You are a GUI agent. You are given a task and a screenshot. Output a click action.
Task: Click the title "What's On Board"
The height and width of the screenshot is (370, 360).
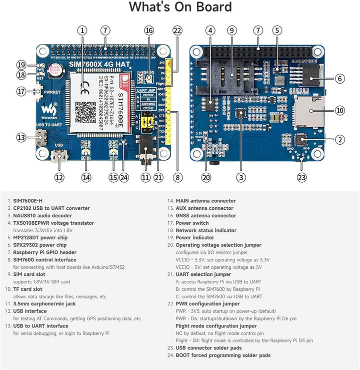tap(180, 8)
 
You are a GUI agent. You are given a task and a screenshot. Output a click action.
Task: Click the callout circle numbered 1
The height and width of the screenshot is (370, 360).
tap(82, 31)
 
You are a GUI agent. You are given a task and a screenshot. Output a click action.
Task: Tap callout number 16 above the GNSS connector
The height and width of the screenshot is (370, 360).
tap(148, 31)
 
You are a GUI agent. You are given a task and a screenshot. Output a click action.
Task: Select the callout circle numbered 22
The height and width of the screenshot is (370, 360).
tap(176, 31)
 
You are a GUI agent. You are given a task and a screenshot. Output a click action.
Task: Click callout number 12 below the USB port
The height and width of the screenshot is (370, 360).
tap(60, 177)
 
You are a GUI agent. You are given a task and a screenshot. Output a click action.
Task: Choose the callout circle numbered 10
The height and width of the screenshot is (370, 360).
tap(340, 110)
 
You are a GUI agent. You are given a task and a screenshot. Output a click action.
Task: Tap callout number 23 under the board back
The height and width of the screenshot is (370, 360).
tap(301, 177)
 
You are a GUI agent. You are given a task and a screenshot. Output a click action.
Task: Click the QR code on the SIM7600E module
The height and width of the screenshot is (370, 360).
tap(85, 112)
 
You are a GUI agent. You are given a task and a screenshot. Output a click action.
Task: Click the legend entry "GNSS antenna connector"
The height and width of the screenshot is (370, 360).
tap(205, 216)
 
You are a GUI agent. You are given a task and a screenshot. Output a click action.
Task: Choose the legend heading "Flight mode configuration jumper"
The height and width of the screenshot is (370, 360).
tap(216, 326)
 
